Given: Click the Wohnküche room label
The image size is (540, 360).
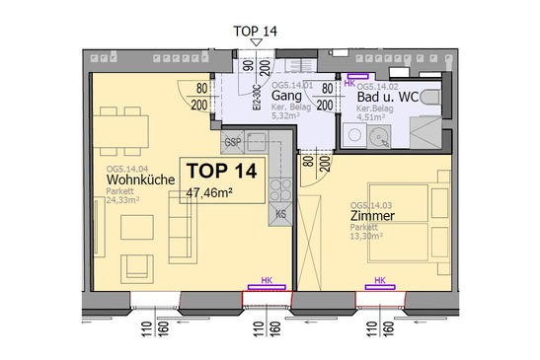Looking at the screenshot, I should (x=141, y=180).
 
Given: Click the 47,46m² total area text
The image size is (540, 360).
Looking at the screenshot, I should (x=208, y=193).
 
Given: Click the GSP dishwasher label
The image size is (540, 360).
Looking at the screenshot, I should (x=234, y=141).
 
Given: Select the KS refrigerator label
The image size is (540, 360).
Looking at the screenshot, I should (x=280, y=214).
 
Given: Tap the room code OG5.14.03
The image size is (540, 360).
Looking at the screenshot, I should (x=372, y=205).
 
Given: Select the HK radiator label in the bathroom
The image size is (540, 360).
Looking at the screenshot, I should (x=348, y=84).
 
